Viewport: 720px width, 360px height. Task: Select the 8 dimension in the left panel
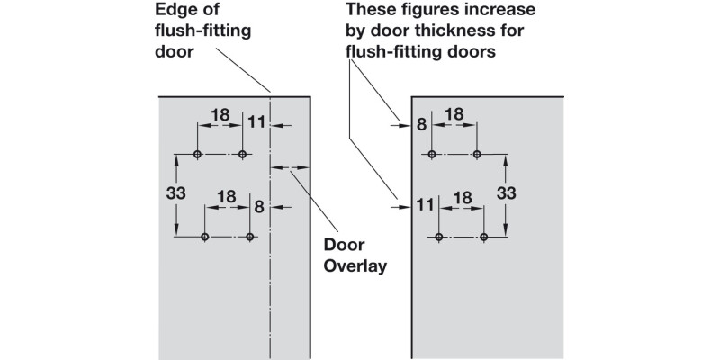(259, 206)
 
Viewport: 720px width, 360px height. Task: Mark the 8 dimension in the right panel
(420, 125)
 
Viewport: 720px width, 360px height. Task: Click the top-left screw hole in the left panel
(197, 155)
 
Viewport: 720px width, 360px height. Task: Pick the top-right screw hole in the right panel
(477, 155)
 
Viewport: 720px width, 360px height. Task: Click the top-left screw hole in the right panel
(432, 155)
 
